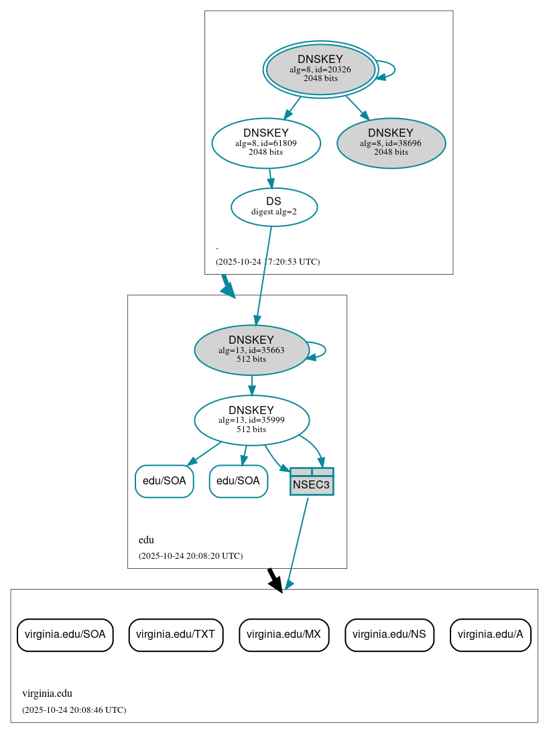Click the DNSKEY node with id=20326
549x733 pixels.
point(320,69)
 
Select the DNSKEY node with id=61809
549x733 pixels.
point(265,143)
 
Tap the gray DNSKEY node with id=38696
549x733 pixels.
point(391,143)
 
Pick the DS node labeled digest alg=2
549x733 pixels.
point(273,207)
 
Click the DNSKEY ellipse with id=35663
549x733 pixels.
point(251,350)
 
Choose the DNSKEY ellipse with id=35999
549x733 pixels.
point(251,420)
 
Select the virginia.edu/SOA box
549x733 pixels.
point(65,635)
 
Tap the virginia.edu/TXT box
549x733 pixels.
point(176,635)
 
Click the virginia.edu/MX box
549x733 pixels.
point(284,635)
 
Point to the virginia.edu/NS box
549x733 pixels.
point(389,635)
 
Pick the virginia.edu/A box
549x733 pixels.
point(490,635)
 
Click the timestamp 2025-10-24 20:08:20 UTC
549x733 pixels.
point(190,556)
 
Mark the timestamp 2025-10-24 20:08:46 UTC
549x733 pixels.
point(74,710)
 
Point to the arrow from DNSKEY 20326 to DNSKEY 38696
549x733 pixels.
point(357,107)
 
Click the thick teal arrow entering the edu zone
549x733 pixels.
point(228,286)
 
